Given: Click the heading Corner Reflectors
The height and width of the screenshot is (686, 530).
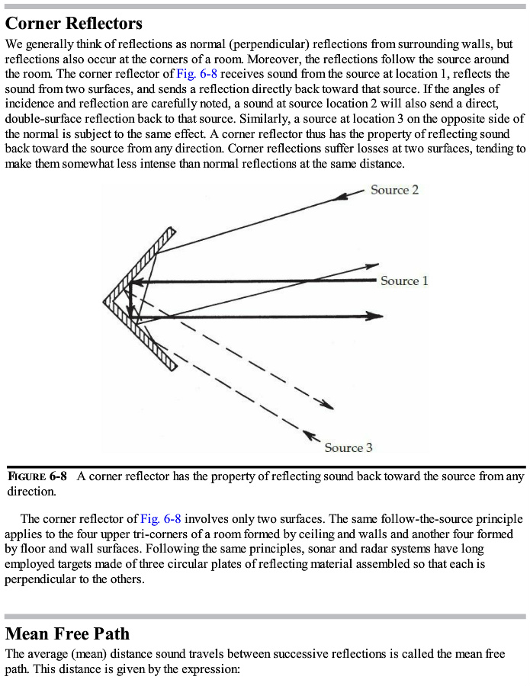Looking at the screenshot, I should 74,24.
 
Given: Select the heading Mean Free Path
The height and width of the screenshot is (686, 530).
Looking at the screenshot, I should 67,633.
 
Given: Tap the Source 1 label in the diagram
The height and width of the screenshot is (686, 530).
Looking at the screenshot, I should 404,281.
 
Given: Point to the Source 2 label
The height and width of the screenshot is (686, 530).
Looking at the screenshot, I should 394,190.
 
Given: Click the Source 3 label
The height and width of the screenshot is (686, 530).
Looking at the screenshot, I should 349,447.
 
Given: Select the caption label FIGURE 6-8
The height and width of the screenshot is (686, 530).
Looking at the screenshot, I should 37,476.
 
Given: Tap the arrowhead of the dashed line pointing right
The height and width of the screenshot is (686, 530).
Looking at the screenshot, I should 327,405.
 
